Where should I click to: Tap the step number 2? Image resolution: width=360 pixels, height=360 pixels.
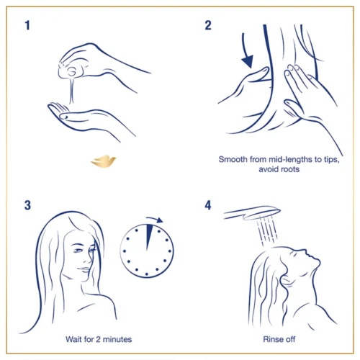tap(208, 27)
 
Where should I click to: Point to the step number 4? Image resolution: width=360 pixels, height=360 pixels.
tap(208, 205)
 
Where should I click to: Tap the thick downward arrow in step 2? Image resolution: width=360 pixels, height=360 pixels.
tap(247, 57)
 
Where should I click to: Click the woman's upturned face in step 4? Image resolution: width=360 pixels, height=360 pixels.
tap(302, 263)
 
